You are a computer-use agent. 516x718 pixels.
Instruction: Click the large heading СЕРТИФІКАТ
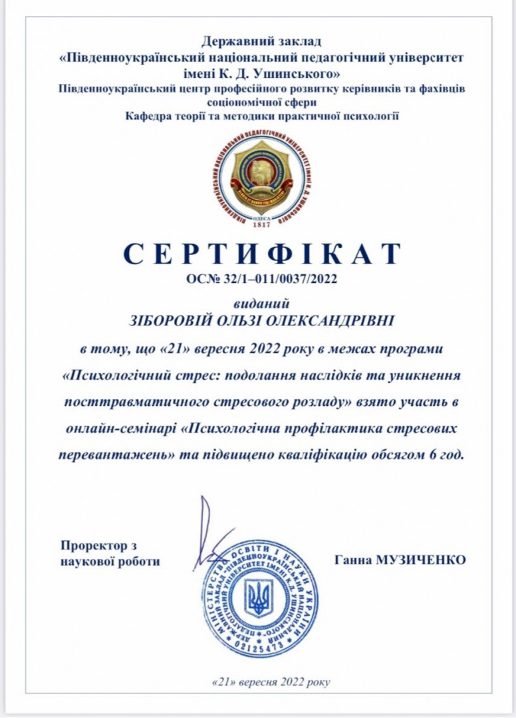pos(262,254)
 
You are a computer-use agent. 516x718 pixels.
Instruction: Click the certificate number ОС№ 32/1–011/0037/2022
pos(262,279)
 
